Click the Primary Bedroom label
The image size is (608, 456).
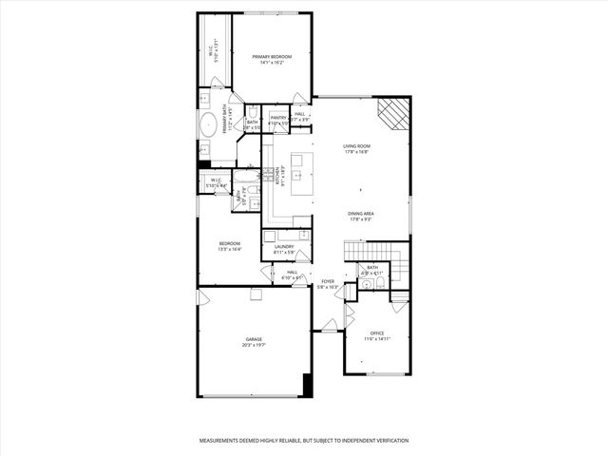pyautogui.click(x=272, y=57)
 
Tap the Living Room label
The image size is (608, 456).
pyautogui.click(x=357, y=145)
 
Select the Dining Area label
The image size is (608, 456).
pyautogui.click(x=360, y=214)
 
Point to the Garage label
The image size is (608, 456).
pyautogui.click(x=254, y=339)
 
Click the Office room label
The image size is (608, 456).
pyautogui.click(x=377, y=332)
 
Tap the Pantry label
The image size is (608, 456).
pyautogui.click(x=278, y=118)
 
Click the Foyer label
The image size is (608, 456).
pyautogui.click(x=328, y=281)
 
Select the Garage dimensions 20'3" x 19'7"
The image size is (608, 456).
pyautogui.click(x=254, y=346)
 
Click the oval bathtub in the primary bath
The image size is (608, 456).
pyautogui.click(x=208, y=124)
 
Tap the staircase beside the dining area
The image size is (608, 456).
pyautogui.click(x=376, y=251)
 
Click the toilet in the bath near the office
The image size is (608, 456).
pyautogui.click(x=380, y=282)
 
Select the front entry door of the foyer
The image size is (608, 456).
pyautogui.click(x=329, y=325)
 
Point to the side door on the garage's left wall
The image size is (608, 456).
pyautogui.click(x=202, y=298)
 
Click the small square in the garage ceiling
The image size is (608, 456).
pyautogui.click(x=255, y=295)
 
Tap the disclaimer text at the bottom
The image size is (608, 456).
pyautogui.click(x=303, y=441)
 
